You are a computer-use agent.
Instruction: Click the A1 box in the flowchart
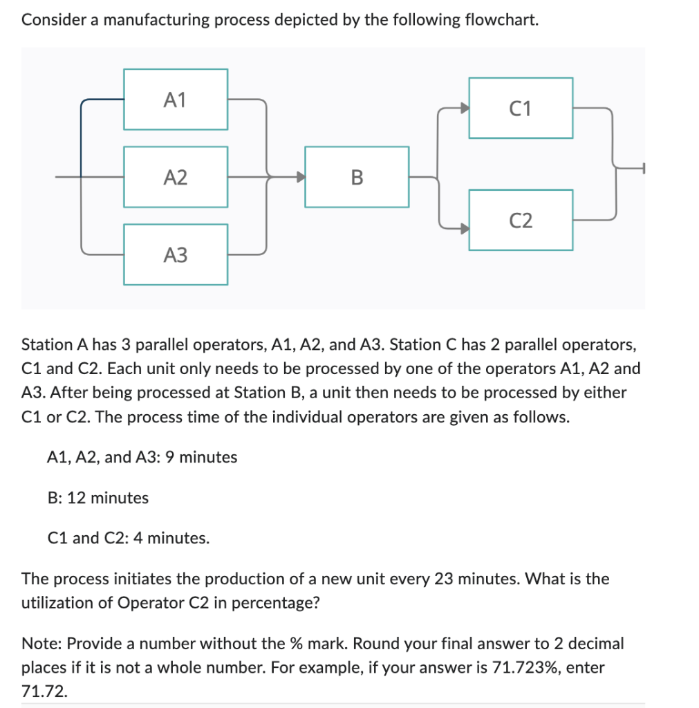click(x=176, y=100)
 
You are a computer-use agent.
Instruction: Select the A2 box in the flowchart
click(x=176, y=177)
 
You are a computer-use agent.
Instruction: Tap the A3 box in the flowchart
click(x=176, y=254)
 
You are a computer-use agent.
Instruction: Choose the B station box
click(x=356, y=177)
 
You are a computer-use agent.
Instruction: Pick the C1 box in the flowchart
click(x=521, y=108)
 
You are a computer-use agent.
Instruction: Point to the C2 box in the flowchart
click(x=521, y=220)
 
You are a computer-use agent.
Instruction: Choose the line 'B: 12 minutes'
click(x=97, y=497)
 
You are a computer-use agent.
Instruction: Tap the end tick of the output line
click(x=644, y=167)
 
